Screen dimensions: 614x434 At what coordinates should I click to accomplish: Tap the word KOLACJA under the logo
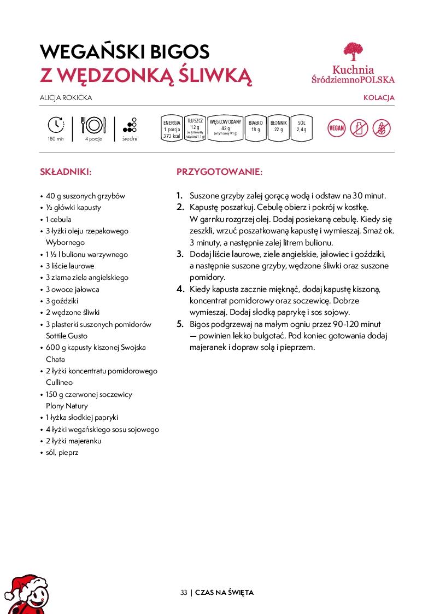pos(379,98)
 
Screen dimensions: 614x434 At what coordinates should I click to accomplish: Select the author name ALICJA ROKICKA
pos(66,98)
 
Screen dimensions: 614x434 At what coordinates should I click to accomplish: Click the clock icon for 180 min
pos(56,125)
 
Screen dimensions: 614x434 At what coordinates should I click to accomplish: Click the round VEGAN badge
pos(336,129)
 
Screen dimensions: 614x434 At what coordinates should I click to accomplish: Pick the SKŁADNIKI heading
pos(66,172)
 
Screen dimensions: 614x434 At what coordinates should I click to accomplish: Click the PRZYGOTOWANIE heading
pos(219,172)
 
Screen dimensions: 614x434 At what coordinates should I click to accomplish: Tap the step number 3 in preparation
pos(180,254)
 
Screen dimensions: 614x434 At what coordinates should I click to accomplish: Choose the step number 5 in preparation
pos(180,324)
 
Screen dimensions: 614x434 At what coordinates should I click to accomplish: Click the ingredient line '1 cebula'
pos(58,219)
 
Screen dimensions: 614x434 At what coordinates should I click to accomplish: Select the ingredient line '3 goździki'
pos(62,301)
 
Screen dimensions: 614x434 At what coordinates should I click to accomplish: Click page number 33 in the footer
pos(184,593)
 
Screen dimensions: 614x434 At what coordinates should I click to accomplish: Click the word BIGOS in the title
pos(174,52)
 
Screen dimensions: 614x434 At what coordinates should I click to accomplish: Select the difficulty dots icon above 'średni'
pos(130,125)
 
